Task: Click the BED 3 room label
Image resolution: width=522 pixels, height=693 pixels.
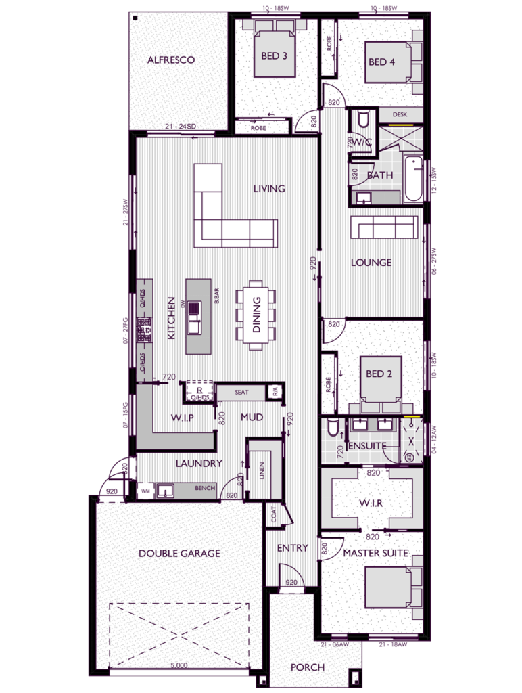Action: [x=275, y=55]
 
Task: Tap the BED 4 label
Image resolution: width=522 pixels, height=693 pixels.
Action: [x=381, y=62]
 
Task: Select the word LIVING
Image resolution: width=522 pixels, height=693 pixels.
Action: [x=268, y=189]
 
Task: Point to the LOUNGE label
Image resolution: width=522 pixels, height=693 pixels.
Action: [x=371, y=262]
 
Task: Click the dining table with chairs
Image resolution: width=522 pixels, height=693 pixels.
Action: [x=256, y=315]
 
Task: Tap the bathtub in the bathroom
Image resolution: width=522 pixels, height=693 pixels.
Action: [x=413, y=179]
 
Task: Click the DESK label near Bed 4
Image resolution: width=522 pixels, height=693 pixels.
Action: [x=399, y=115]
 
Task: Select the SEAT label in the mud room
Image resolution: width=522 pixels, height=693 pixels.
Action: [x=241, y=392]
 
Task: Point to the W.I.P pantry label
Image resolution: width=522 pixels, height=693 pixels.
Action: [x=182, y=418]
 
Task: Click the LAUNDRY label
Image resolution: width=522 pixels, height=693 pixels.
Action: [x=199, y=464]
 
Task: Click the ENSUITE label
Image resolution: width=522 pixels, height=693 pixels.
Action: [x=366, y=446]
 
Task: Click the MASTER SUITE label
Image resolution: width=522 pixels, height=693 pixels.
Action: [x=375, y=553]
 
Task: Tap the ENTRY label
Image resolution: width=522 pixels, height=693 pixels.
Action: [x=292, y=547]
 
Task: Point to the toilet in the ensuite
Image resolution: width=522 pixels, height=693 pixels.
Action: [x=332, y=429]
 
